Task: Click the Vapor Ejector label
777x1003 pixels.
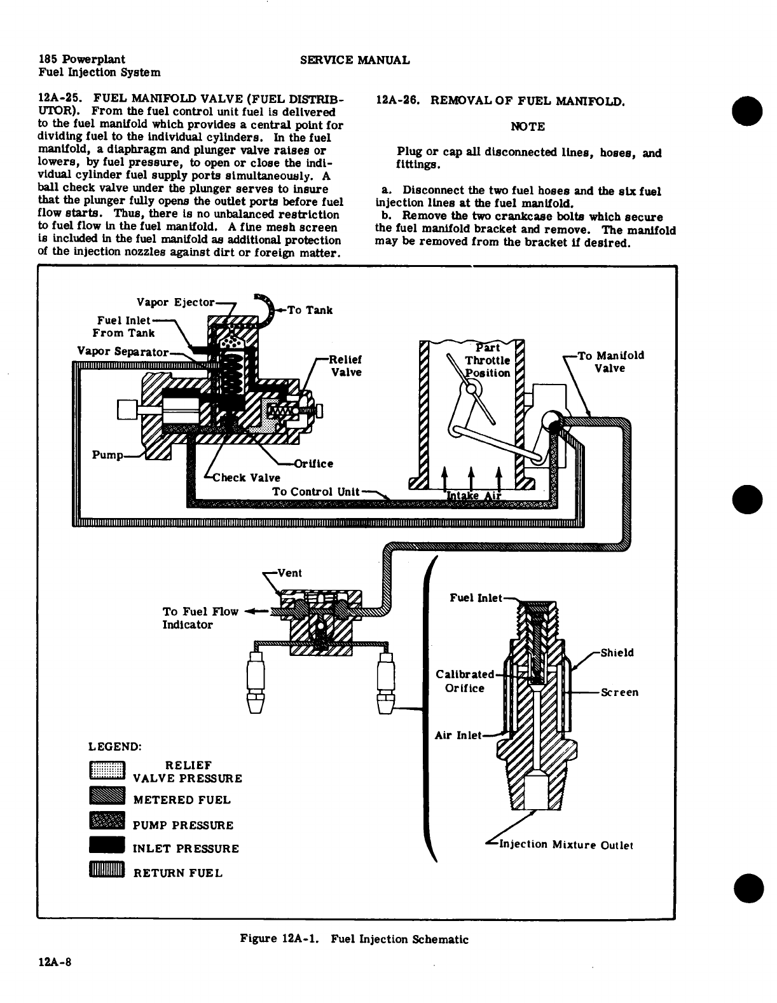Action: click(176, 301)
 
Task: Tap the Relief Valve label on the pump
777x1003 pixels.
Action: click(346, 365)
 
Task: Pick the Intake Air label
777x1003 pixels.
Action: click(474, 496)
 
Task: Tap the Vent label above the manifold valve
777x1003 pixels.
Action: click(289, 573)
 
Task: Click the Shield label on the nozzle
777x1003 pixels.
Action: click(617, 653)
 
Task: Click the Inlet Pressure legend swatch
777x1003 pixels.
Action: click(106, 846)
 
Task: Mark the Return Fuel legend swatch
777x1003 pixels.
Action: click(106, 870)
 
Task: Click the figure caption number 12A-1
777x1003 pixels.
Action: click(301, 939)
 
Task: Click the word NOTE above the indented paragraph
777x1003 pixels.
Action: click(528, 126)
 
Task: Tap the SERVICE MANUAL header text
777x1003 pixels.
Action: click(354, 60)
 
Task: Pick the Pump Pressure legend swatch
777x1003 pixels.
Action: click(106, 822)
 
